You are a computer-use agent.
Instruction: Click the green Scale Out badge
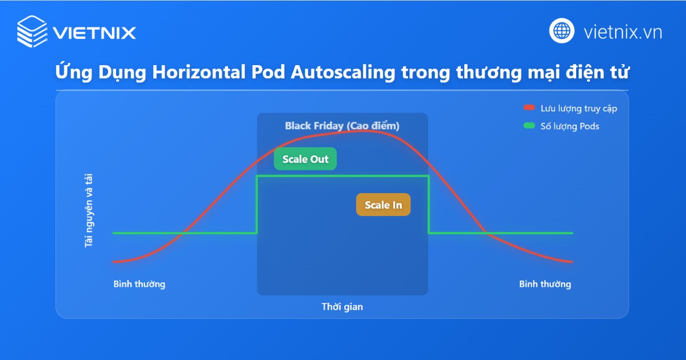pos(305,159)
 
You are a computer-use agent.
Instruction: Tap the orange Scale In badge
pos(383,205)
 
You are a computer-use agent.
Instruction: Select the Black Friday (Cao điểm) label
pos(342,126)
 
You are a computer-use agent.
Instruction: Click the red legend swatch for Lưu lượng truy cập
pos(529,109)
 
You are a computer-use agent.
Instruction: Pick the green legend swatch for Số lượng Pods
pos(529,126)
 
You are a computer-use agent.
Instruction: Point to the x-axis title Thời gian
pos(342,307)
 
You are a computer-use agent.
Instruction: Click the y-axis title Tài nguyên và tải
pos(89,211)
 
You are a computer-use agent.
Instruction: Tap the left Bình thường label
pos(139,284)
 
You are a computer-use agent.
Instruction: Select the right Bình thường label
pos(545,284)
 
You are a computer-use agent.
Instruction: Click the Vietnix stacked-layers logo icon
pos(32,31)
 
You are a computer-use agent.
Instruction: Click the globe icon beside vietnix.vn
pos(562,31)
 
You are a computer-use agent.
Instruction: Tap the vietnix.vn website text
pos(623,31)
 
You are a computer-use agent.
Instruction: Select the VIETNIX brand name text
pos(94,32)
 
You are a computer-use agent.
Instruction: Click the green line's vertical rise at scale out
pos(257,205)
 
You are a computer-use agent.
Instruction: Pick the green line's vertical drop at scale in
pos(429,205)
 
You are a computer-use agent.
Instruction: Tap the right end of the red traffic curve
pos(571,262)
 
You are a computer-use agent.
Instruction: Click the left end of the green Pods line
pos(114,233)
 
